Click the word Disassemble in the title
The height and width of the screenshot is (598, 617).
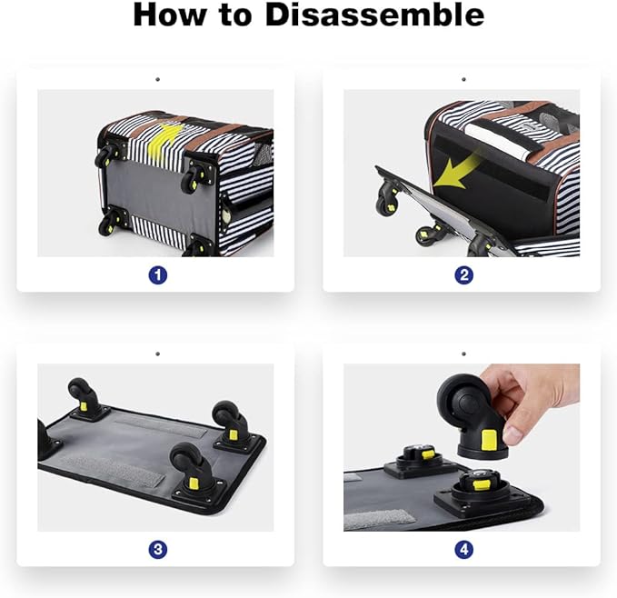tap(374, 15)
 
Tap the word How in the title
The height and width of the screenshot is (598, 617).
tap(170, 15)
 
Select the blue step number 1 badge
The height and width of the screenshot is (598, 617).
tap(158, 275)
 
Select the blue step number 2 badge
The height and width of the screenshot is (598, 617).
tap(464, 275)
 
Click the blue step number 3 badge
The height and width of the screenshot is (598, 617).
tap(158, 549)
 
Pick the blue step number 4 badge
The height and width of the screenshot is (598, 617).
tap(464, 549)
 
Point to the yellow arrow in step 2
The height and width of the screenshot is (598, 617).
tap(457, 172)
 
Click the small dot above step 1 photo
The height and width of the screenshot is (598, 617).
tap(158, 79)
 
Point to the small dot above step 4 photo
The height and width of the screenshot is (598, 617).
tap(464, 354)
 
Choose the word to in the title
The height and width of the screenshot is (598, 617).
tap(236, 15)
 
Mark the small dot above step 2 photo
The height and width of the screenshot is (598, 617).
tap(464, 79)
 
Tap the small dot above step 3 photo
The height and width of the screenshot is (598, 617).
tap(158, 354)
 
